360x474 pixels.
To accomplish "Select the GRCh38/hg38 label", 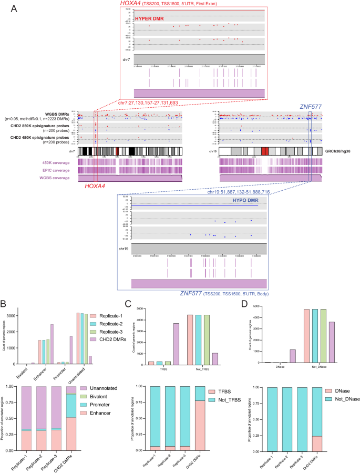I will [x=340, y=151].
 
